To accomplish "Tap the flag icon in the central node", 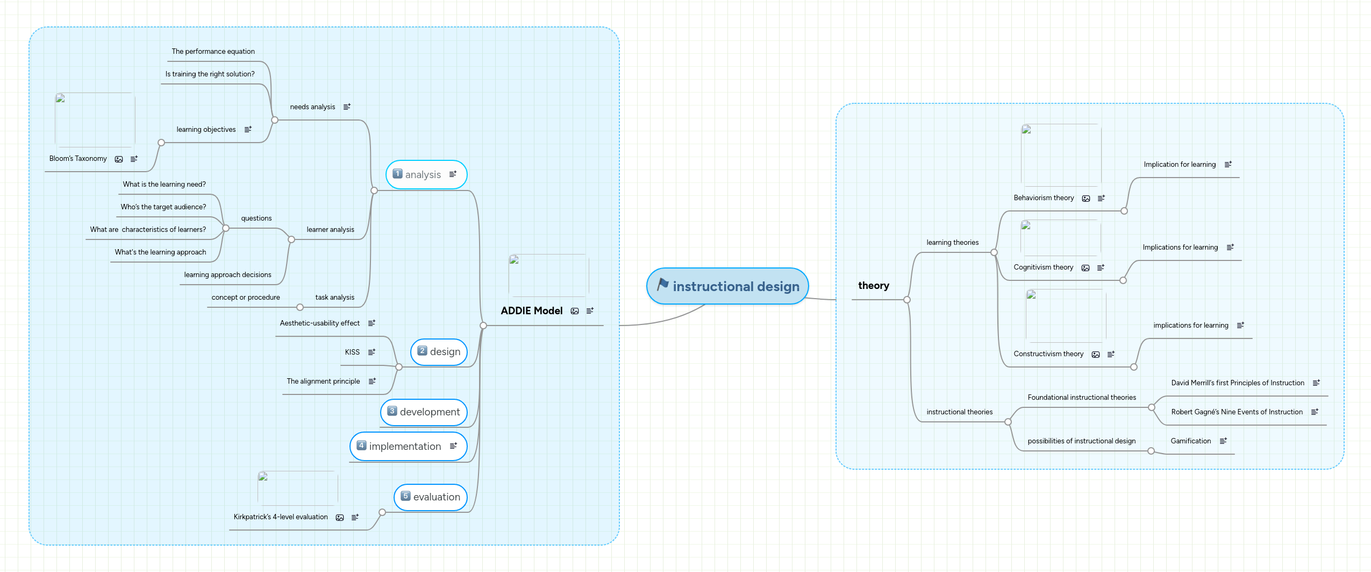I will (662, 284).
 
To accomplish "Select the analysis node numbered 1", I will (423, 174).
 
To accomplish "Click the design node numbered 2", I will (445, 352).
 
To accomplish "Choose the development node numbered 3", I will (429, 412).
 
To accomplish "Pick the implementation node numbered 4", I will (404, 447).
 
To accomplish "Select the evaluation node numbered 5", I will (436, 497).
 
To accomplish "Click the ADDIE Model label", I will (531, 311).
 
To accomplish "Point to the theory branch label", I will (873, 286).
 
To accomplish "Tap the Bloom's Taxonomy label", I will (78, 159).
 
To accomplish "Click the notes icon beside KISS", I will (372, 352).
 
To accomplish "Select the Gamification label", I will (1190, 441).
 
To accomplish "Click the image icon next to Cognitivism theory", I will (1086, 268).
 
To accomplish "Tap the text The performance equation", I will (213, 52).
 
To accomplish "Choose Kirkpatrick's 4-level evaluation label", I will (280, 517).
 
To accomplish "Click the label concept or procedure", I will (245, 298).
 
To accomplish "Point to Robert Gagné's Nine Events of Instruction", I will (1237, 412).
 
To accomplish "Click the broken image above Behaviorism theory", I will (1060, 155).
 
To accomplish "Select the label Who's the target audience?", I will (163, 207).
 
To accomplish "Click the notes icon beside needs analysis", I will (347, 107).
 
